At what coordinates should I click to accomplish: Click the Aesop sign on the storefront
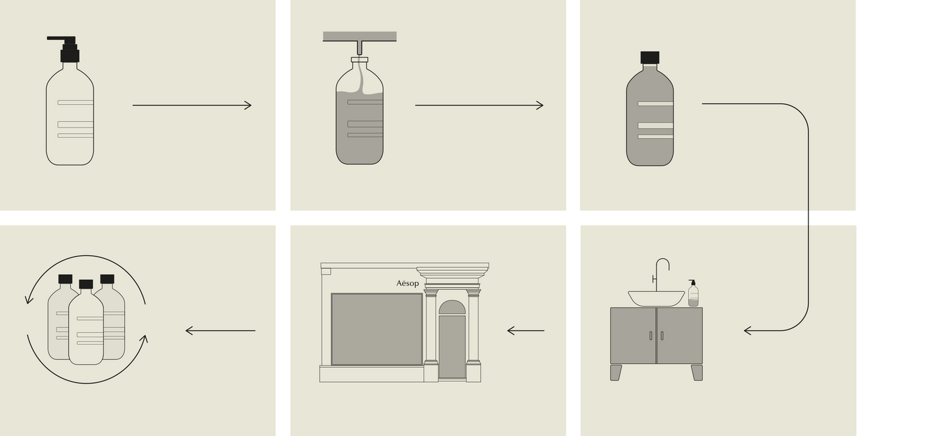tap(407, 283)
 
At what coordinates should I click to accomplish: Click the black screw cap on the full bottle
tap(650, 58)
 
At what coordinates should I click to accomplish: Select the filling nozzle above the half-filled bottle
tap(360, 48)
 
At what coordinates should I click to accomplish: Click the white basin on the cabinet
tap(656, 298)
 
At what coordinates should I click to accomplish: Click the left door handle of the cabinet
tap(651, 335)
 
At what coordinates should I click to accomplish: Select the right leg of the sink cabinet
tap(697, 372)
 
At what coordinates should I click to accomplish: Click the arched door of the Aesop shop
tap(452, 339)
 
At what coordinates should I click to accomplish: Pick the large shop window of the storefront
tap(377, 329)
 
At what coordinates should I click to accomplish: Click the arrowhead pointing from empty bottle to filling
tap(248, 105)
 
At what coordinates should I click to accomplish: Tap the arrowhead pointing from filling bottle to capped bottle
tap(539, 105)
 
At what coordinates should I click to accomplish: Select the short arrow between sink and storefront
tap(526, 331)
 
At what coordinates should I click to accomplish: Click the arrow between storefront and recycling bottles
tap(220, 331)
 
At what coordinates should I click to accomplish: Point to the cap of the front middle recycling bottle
tap(86, 285)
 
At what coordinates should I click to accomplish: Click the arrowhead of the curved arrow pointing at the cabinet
tap(748, 331)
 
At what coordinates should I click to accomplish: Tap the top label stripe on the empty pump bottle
tap(75, 103)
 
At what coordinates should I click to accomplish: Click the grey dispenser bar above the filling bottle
tap(360, 37)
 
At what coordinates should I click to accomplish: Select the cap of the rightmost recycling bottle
tap(107, 279)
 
